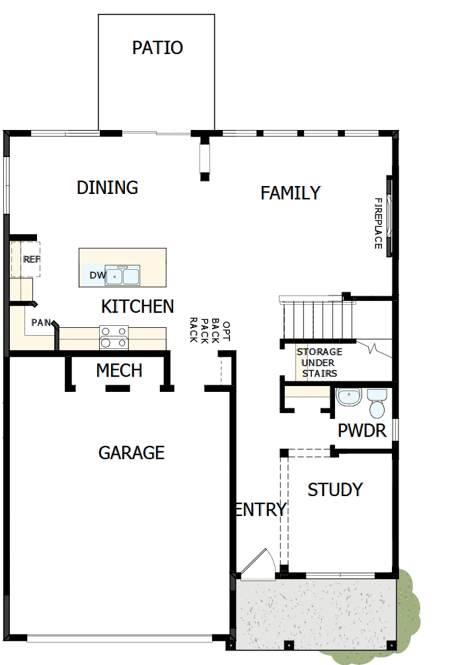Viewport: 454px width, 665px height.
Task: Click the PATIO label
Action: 157,48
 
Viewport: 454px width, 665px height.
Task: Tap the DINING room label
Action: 107,187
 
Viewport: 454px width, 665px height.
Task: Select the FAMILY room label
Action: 290,193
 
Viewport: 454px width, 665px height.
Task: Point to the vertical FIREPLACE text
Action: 379,223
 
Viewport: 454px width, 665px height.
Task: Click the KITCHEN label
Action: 137,306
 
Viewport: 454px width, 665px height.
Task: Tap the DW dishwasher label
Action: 96,274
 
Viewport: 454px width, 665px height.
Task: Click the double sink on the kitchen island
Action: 123,275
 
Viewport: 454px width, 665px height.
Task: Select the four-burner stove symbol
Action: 113,337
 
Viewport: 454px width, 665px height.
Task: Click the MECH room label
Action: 119,370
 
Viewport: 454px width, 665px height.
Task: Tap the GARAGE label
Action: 131,453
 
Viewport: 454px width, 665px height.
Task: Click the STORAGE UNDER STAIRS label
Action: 319,363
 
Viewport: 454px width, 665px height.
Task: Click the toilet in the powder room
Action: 377,404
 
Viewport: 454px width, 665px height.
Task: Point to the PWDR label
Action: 361,431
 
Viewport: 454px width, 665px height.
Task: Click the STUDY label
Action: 335,490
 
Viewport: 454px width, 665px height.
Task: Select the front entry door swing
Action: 255,563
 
